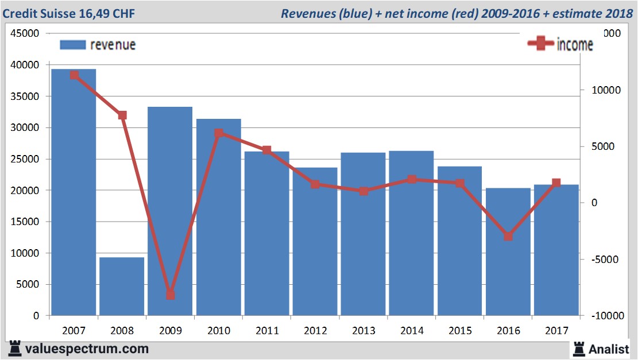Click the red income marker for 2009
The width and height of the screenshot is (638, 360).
(x=171, y=295)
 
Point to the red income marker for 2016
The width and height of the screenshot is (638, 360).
(x=508, y=237)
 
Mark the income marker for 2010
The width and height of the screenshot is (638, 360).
(x=219, y=133)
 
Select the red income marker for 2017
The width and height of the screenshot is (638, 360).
(x=556, y=183)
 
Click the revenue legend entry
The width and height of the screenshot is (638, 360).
(x=98, y=45)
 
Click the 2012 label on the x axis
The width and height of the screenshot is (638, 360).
(x=315, y=331)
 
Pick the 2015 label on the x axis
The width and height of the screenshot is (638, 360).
(x=460, y=331)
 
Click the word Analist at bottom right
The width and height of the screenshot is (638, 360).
(x=609, y=349)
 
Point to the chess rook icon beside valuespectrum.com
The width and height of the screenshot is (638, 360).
(x=15, y=349)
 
